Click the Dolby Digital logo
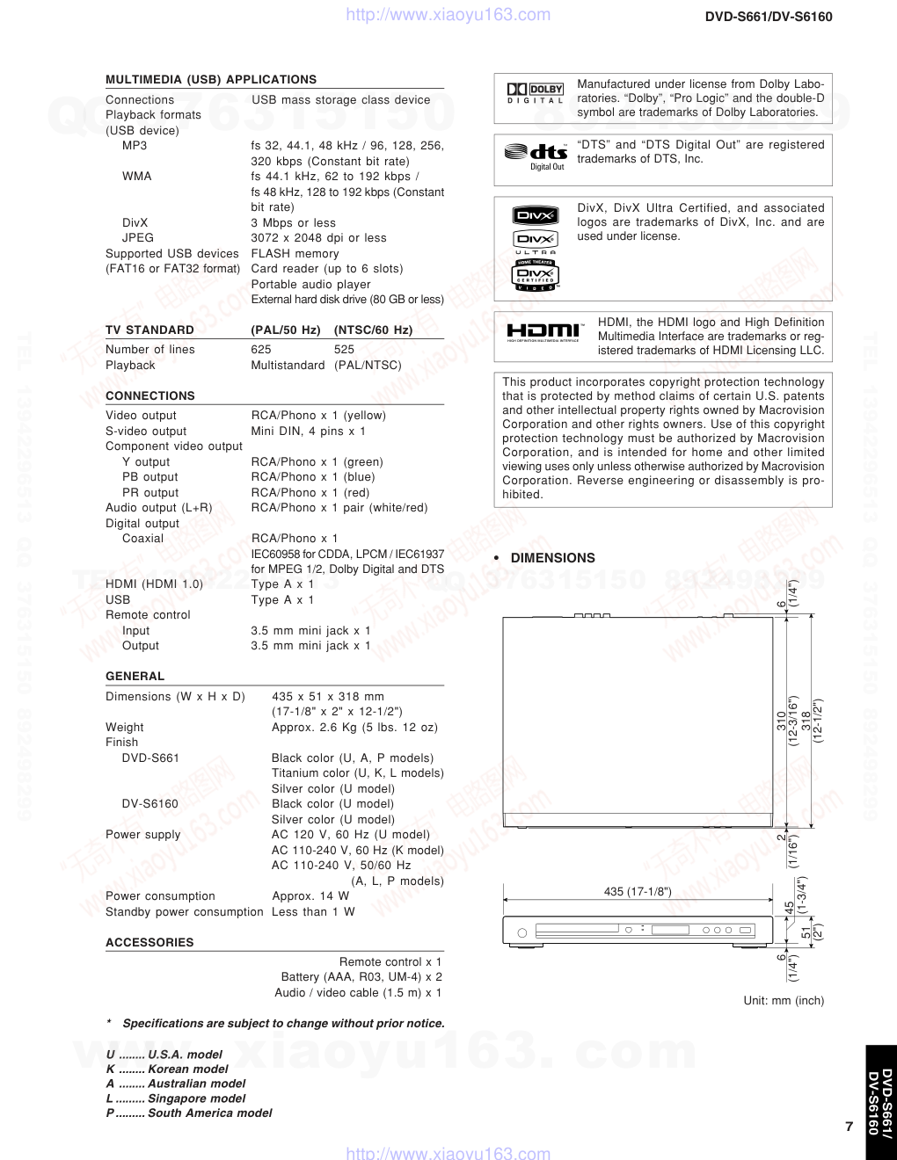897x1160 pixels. (x=535, y=92)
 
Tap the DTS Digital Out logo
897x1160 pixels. (x=536, y=154)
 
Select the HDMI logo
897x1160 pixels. (x=543, y=332)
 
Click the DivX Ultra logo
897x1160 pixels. (x=536, y=242)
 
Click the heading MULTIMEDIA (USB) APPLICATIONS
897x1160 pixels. (x=211, y=79)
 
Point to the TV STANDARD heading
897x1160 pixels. (x=149, y=330)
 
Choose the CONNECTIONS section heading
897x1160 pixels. (x=150, y=395)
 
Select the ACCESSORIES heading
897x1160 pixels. (x=149, y=942)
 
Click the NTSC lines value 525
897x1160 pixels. (x=344, y=349)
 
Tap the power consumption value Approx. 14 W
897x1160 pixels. (x=310, y=895)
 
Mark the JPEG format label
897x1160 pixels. (x=138, y=237)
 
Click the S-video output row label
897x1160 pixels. (x=146, y=431)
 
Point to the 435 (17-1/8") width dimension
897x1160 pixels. (x=638, y=891)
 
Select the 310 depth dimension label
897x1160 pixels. (x=780, y=721)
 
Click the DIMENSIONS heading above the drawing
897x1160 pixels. (x=552, y=558)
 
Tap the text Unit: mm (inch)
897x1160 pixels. (x=784, y=1000)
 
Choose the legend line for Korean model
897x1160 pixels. (x=167, y=1069)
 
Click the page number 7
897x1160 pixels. (x=849, y=1127)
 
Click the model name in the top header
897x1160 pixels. (x=769, y=17)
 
